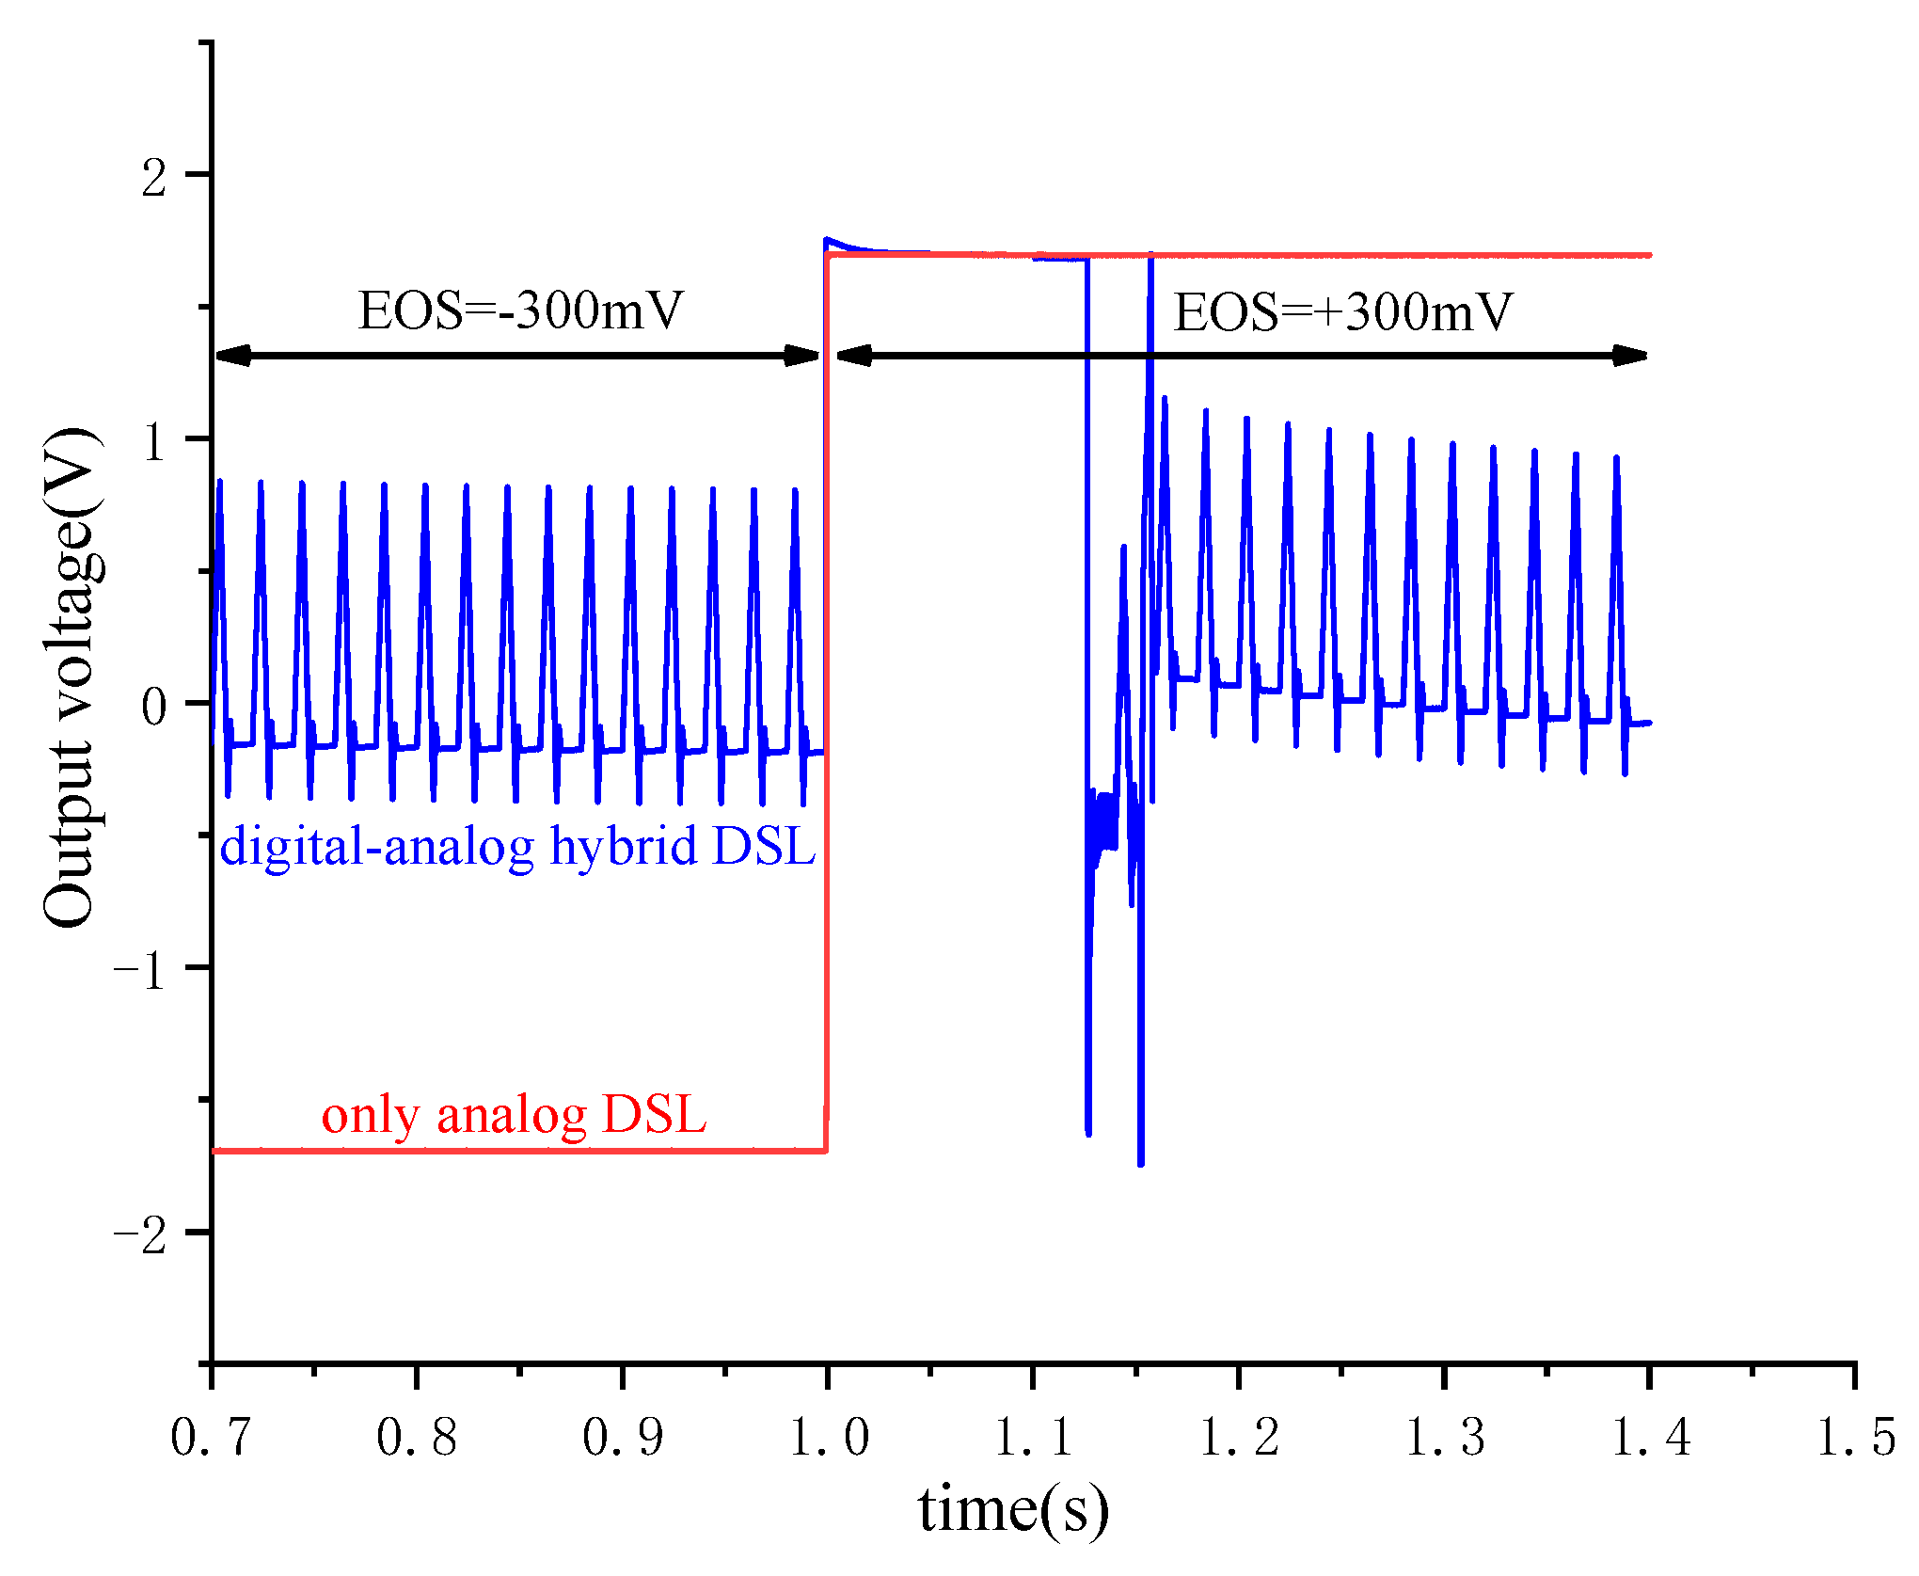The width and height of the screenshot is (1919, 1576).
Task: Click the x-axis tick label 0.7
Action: click(211, 1438)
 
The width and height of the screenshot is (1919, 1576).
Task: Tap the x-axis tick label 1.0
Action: click(828, 1438)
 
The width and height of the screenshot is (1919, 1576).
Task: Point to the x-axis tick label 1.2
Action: click(1239, 1438)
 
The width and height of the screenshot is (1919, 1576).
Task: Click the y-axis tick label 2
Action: click(154, 177)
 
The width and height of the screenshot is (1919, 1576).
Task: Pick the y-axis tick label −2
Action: click(141, 1234)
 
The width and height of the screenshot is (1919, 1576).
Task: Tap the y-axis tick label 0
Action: click(154, 706)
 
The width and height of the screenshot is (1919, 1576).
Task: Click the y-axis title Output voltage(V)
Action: click(71, 677)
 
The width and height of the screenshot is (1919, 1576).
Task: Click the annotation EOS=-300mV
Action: click(520, 310)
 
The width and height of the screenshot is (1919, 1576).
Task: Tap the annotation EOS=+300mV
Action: click(1342, 312)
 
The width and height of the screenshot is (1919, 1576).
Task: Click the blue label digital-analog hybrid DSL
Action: click(517, 846)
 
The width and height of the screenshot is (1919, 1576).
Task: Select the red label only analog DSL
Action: click(514, 1115)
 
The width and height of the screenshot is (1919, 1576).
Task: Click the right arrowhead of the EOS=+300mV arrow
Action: click(1630, 356)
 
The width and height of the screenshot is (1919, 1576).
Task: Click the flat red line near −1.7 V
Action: click(517, 1150)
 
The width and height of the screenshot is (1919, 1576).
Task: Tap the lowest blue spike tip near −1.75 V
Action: click(1141, 1164)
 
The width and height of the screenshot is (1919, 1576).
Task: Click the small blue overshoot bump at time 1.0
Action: click(830, 241)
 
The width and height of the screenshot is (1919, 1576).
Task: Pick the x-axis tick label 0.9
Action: click(622, 1438)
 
